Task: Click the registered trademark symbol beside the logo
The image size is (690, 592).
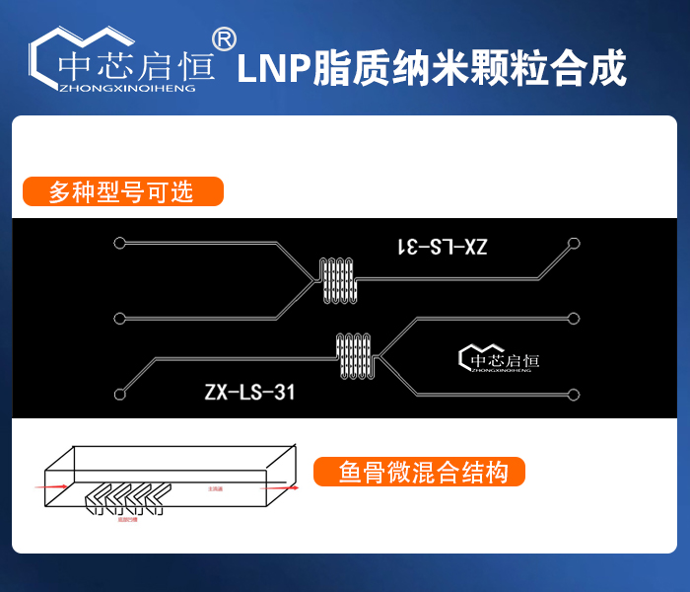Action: coord(224,38)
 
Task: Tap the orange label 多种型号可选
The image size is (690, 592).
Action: coord(122,191)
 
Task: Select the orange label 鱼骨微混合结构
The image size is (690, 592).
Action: coord(419,473)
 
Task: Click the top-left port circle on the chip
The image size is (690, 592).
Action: coord(119,243)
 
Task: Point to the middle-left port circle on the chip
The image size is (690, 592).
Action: coord(119,318)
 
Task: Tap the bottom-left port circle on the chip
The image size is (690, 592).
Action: coord(119,395)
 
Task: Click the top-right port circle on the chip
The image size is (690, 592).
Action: coord(574,243)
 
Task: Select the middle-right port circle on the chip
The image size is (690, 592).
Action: coord(574,318)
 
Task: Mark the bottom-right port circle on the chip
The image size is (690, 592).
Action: coord(574,395)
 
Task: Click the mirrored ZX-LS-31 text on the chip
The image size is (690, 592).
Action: coord(442,247)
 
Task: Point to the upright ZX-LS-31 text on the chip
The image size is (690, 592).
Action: coord(249,393)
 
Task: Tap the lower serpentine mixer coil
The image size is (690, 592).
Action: coord(355,356)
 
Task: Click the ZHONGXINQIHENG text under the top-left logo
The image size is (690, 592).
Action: coord(127,87)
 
